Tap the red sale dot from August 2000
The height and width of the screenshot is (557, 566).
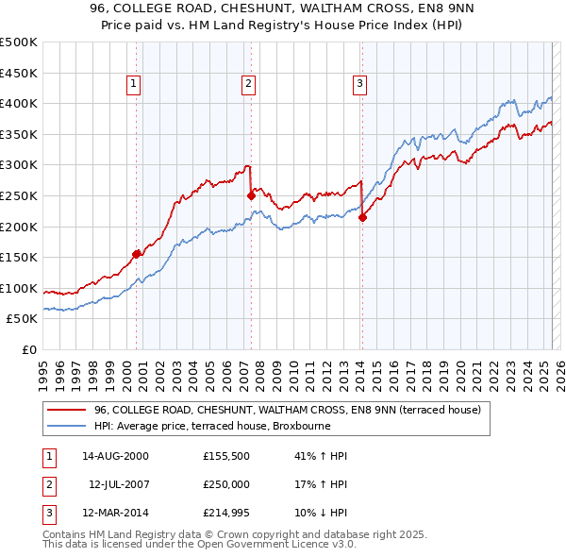tap(137, 253)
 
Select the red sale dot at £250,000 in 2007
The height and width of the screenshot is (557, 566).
tap(252, 195)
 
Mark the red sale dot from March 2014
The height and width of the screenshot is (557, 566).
tap(362, 217)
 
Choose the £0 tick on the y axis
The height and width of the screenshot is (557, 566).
tap(28, 349)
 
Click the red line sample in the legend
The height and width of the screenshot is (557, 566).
tap(66, 410)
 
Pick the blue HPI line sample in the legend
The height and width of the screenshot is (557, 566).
tap(66, 426)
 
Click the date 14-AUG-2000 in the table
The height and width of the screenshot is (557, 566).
tap(115, 456)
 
